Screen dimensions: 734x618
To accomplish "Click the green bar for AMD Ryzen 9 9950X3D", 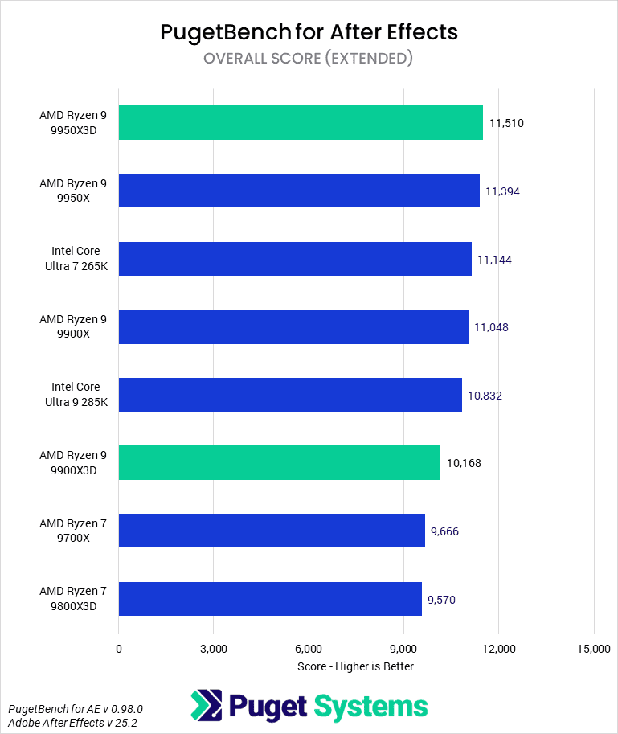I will pyautogui.click(x=301, y=123).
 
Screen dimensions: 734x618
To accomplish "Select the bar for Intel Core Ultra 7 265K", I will pyautogui.click(x=295, y=259).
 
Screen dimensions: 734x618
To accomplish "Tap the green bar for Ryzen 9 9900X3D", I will pyautogui.click(x=279, y=462).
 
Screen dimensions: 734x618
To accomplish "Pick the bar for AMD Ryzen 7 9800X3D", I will pyautogui.click(x=270, y=598).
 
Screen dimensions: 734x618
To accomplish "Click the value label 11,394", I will pyautogui.click(x=503, y=191).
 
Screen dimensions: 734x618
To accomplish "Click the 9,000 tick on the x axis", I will pyautogui.click(x=403, y=649).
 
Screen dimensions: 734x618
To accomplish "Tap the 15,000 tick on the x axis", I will pyautogui.click(x=593, y=649).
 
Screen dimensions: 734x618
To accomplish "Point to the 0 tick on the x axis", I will pyautogui.click(x=119, y=649).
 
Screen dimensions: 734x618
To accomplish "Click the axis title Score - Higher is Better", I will pyautogui.click(x=355, y=666).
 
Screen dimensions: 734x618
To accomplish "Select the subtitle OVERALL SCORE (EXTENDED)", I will pyautogui.click(x=309, y=58).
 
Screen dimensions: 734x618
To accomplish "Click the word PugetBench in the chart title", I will pyautogui.click(x=215, y=32).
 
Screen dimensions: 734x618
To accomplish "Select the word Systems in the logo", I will pyautogui.click(x=370, y=707).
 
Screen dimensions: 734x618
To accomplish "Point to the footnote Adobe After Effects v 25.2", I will pyautogui.click(x=72, y=723).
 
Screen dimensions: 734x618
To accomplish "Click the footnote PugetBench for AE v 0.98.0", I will pyautogui.click(x=76, y=709).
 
